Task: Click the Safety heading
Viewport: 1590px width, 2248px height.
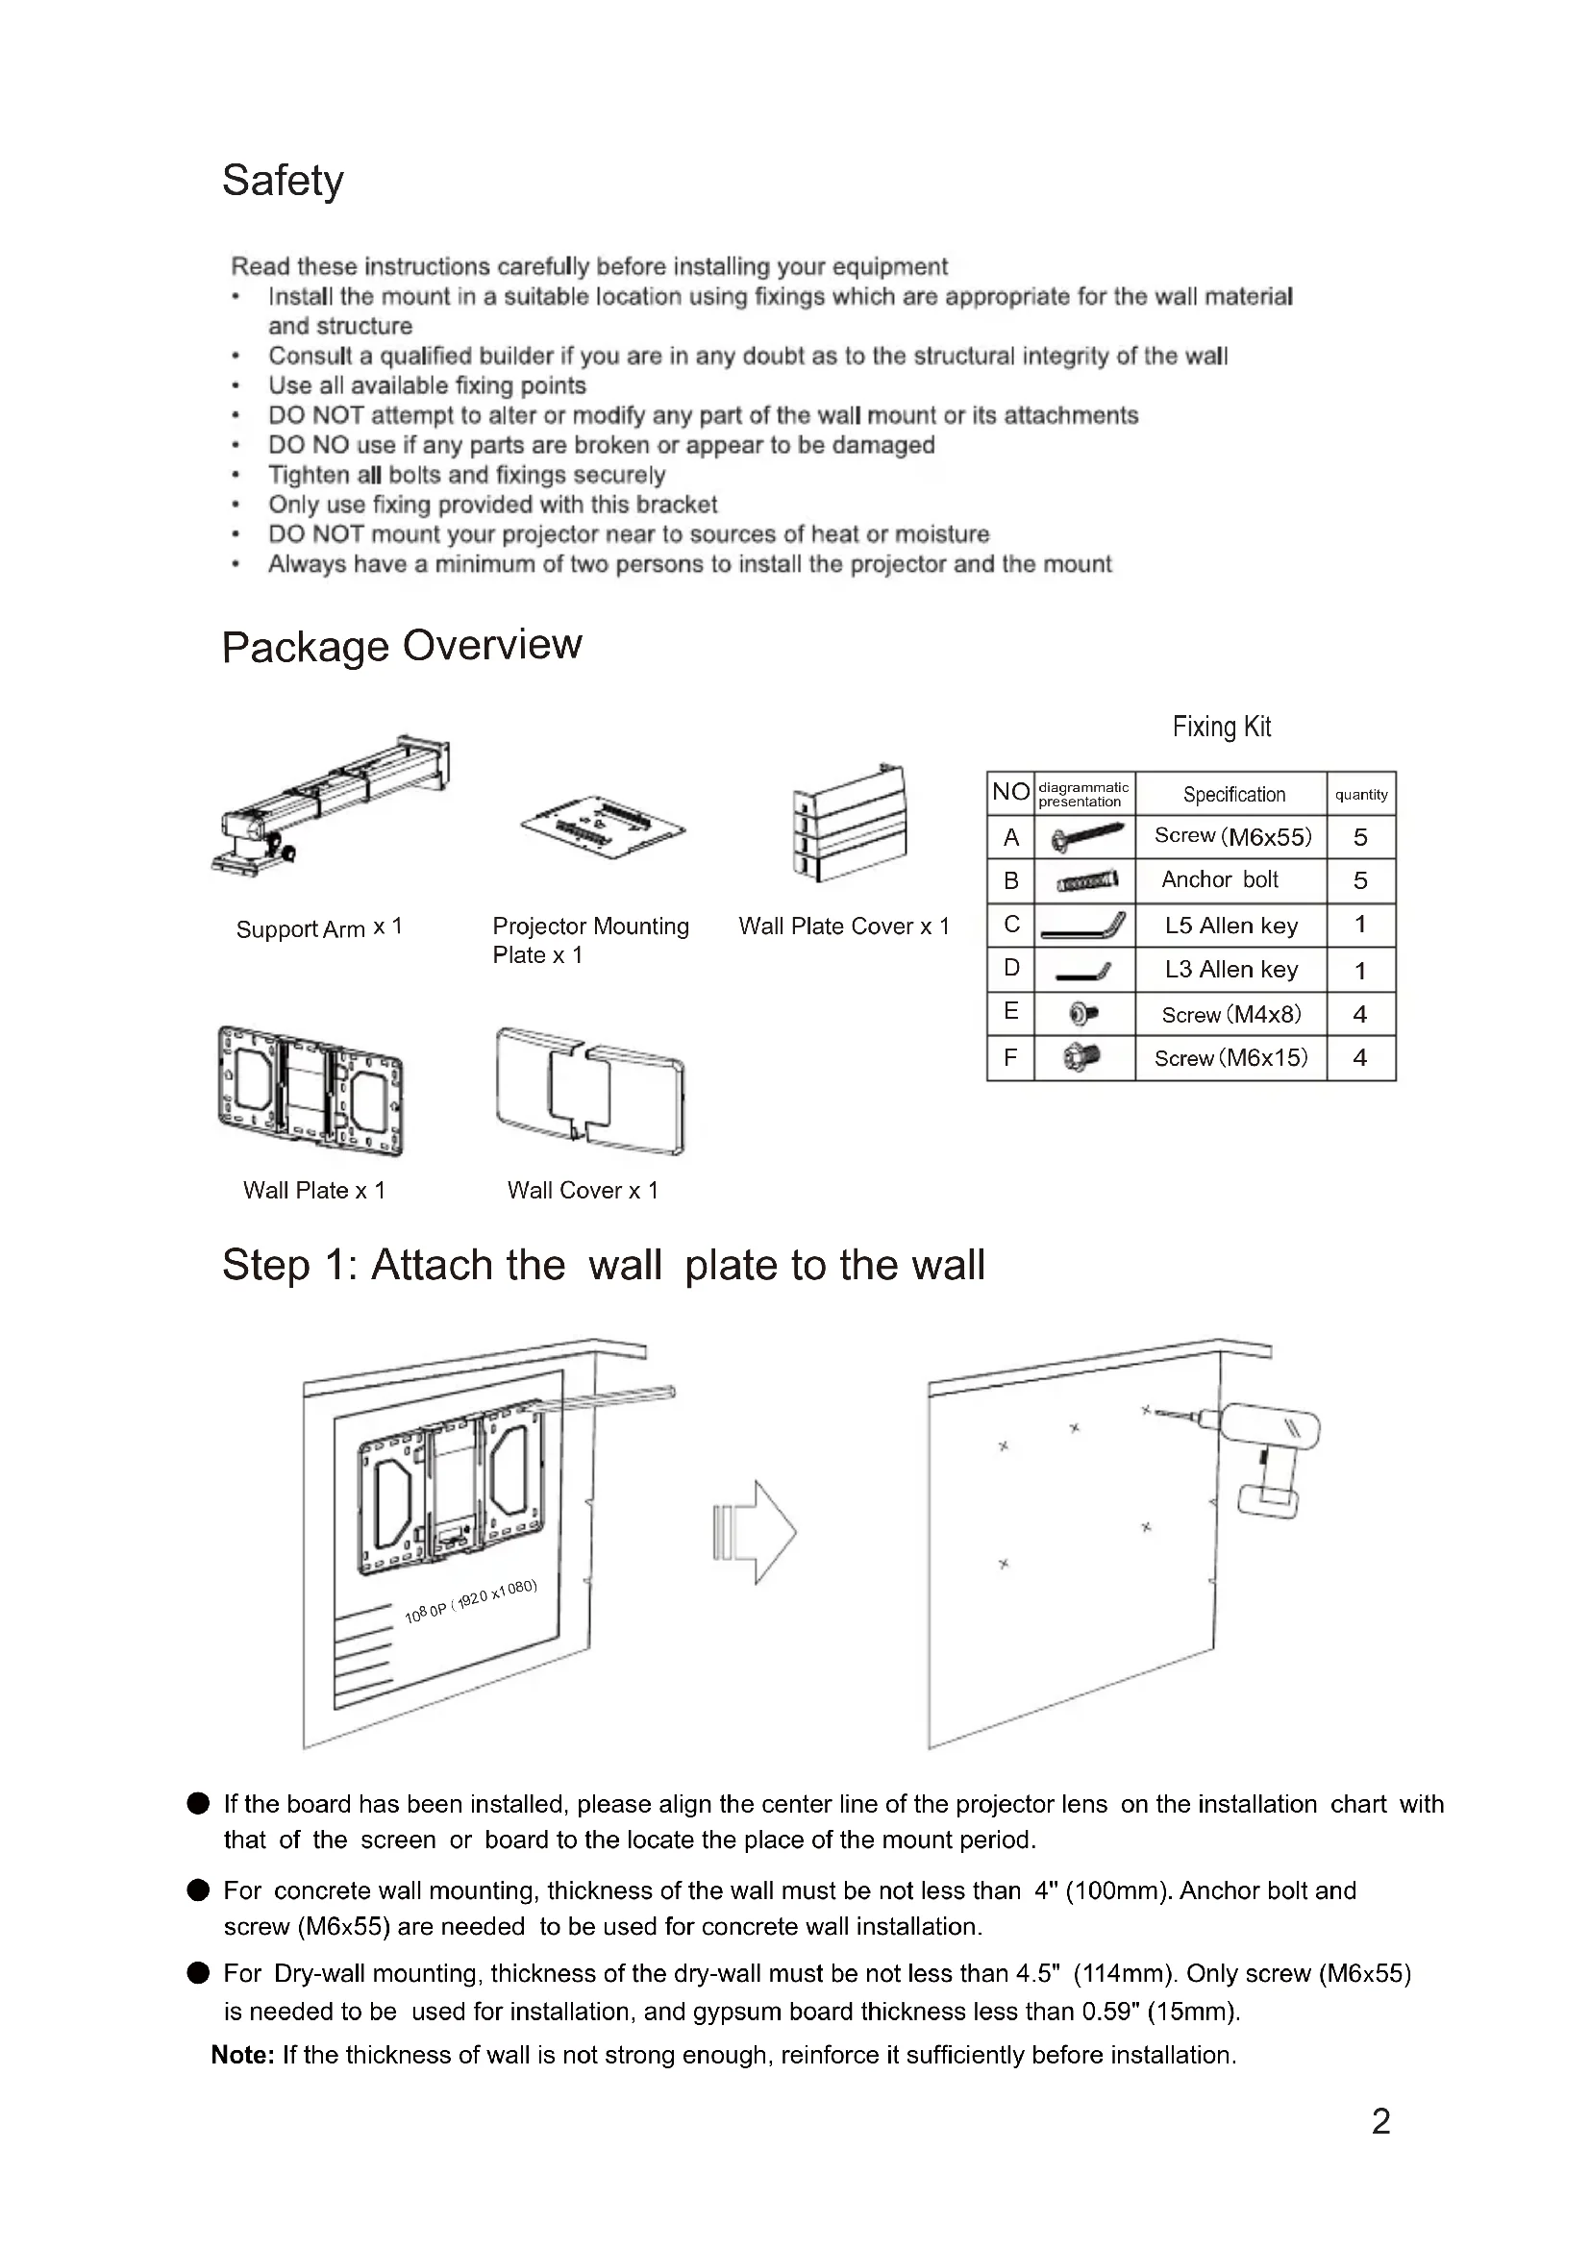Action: [x=283, y=181]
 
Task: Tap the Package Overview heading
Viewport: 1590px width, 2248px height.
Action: [x=402, y=646]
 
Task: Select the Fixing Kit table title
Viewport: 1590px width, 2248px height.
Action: [x=1221, y=727]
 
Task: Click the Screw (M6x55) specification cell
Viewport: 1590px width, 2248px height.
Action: [x=1231, y=836]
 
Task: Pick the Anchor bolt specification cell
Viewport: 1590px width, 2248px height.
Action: [x=1220, y=879]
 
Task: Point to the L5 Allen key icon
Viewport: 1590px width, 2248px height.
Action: [x=1082, y=926]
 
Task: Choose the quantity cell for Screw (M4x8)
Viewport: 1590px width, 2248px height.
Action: [x=1360, y=1014]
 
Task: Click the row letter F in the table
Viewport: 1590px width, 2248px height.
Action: [x=1010, y=1057]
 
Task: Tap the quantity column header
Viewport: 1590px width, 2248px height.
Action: [x=1361, y=794]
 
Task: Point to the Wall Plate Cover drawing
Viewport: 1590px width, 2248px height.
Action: [x=849, y=823]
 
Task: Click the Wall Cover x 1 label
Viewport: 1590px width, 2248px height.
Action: [x=583, y=1191]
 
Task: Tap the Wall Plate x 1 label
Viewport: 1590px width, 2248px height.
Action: [x=314, y=1191]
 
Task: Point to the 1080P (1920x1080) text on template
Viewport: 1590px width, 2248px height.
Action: [x=471, y=1601]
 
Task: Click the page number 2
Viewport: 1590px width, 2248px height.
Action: [x=1380, y=2121]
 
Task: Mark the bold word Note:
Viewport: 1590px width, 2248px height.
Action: [x=243, y=2055]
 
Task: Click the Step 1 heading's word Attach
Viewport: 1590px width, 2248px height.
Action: [x=468, y=1265]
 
